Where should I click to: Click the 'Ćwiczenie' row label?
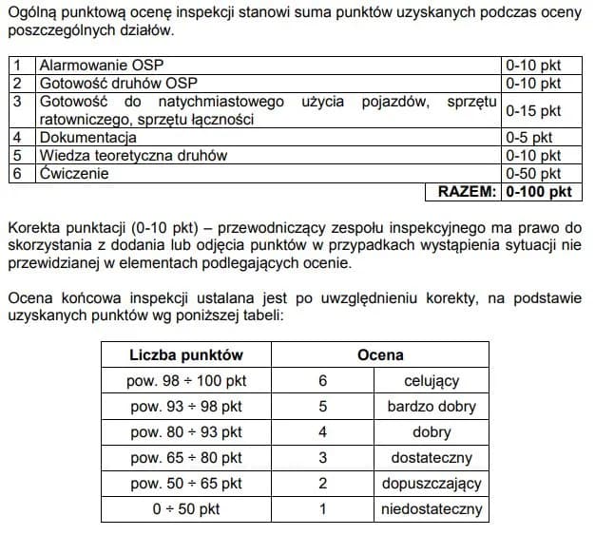click(x=74, y=174)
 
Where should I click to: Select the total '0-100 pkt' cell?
click(x=539, y=192)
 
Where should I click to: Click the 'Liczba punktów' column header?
click(x=186, y=354)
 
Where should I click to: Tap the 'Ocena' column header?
click(x=379, y=354)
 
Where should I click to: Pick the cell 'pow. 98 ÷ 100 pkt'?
click(x=186, y=380)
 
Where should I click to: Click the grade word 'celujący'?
click(x=432, y=380)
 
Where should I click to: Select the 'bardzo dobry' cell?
click(x=432, y=406)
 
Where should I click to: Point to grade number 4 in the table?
click(x=322, y=431)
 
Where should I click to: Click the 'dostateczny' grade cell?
click(x=432, y=457)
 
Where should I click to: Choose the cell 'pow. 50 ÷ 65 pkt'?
click(x=186, y=483)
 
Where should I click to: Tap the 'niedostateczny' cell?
click(x=432, y=508)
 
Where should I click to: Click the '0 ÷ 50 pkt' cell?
click(x=186, y=508)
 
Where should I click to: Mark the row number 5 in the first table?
click(x=17, y=156)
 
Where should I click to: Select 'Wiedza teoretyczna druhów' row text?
click(x=133, y=156)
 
